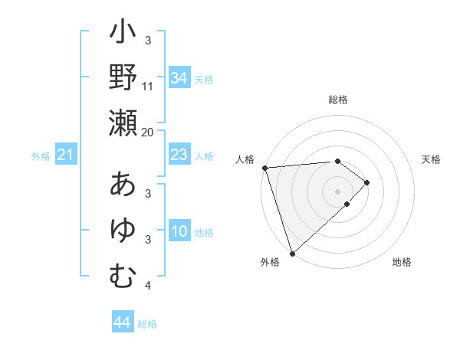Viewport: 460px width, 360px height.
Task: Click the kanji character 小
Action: coord(123,34)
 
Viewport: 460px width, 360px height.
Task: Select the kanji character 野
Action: coord(123,78)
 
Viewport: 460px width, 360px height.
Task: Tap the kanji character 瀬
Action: coord(123,123)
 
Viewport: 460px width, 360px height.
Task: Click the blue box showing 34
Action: coord(179,78)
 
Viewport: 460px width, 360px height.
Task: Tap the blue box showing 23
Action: coord(179,155)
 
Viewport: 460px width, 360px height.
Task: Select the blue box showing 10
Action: coord(179,232)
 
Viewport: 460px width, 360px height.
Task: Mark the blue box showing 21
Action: coord(66,155)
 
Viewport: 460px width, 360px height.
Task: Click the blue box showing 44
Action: coord(122,322)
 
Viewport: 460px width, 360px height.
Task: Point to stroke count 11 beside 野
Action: coord(148,86)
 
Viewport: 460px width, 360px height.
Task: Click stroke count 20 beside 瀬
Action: coord(148,132)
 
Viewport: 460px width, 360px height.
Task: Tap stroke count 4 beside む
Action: coord(148,286)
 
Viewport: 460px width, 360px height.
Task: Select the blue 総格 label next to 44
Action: coord(147,324)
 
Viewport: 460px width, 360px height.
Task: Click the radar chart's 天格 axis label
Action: coord(431,160)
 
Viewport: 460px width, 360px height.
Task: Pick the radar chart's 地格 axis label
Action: coord(402,263)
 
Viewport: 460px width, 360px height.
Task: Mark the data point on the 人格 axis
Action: coord(264,168)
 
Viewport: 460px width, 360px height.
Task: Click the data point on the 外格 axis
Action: coord(292,253)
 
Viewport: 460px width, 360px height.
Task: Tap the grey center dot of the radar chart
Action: coord(337,191)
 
